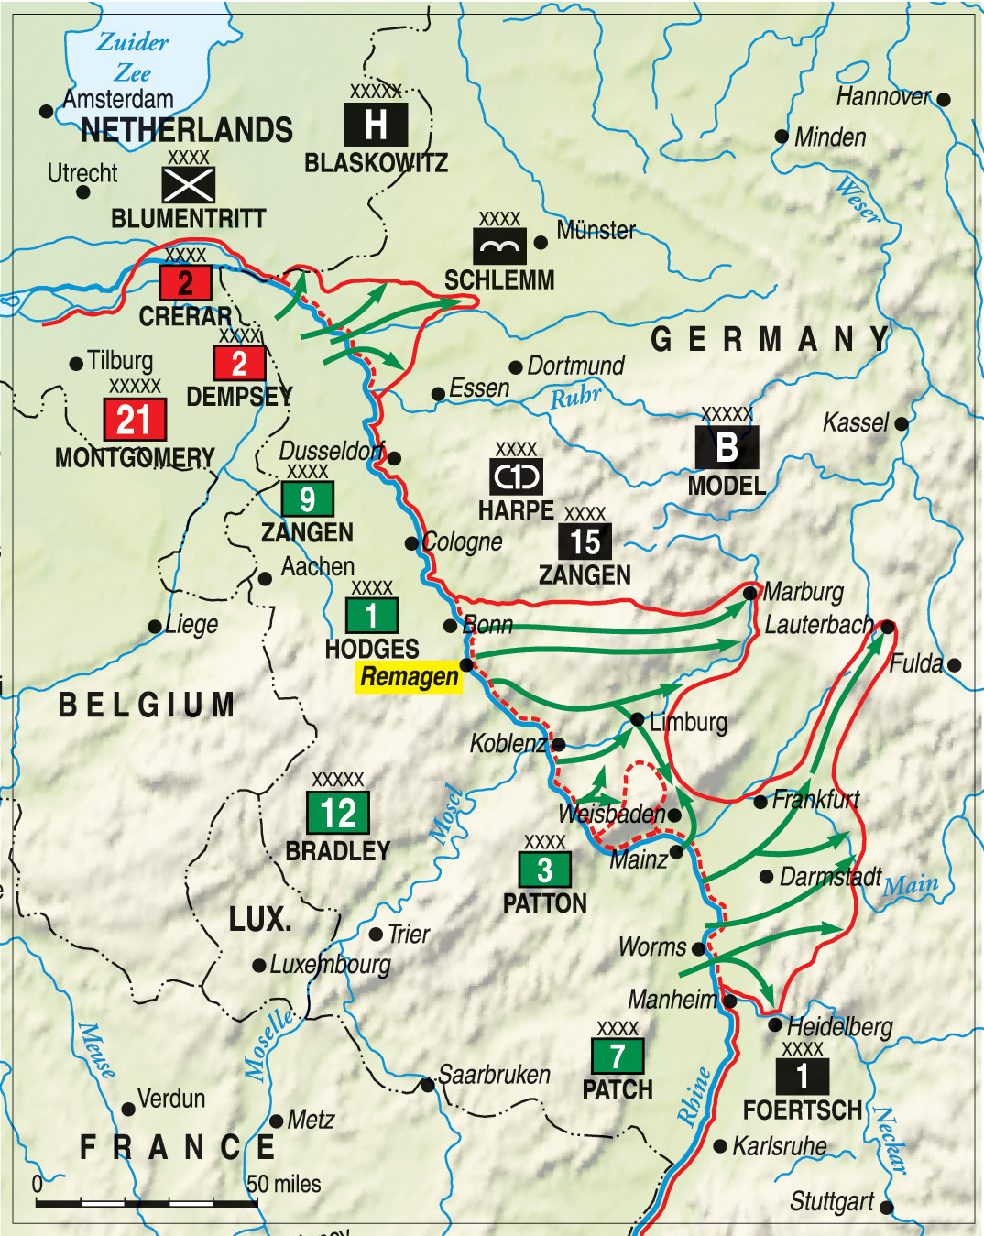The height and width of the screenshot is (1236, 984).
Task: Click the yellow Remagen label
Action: pos(409,677)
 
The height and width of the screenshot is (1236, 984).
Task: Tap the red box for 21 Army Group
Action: pos(135,420)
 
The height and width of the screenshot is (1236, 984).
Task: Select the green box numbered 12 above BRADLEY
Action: pos(338,812)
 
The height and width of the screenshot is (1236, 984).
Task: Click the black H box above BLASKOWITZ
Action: pos(376,124)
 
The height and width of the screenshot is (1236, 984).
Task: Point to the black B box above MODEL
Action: pos(727,447)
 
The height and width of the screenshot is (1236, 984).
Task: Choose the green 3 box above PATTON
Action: pos(544,870)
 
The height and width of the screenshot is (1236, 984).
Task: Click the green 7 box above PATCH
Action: pos(618,1056)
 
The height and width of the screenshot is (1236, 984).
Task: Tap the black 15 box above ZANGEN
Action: pos(585,541)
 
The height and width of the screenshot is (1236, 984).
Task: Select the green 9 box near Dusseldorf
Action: pos(308,499)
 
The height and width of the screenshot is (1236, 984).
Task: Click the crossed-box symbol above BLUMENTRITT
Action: pos(189,185)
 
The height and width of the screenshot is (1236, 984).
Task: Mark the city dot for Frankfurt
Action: pos(760,802)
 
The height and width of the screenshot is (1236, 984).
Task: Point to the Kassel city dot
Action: pos(902,423)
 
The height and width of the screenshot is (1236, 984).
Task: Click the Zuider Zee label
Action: pos(133,57)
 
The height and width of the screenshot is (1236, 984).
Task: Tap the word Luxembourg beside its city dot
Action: pos(330,965)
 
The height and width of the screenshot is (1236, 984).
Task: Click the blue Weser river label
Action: pos(858,201)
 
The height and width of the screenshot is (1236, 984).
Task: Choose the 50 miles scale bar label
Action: pos(284,1184)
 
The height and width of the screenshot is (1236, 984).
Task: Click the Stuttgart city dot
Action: pos(886,1207)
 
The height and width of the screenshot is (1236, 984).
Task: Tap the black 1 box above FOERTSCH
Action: pos(803,1076)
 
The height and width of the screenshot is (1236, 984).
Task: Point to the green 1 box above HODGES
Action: pos(371,616)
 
